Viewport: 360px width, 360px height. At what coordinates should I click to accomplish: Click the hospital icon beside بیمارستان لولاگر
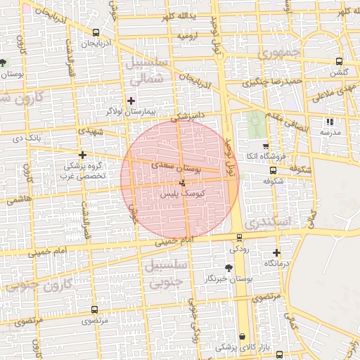tap(131, 101)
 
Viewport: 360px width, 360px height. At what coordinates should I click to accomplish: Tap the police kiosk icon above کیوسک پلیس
tap(183, 183)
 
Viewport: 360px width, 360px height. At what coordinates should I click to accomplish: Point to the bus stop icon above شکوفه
tap(273, 169)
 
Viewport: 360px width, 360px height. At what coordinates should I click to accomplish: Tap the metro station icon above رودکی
tap(240, 238)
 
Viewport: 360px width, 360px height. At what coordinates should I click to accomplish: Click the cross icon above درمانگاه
tap(276, 252)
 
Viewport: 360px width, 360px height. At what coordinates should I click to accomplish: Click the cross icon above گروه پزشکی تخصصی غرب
tap(83, 155)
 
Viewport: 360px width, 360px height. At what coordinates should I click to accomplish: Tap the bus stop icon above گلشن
tap(340, 61)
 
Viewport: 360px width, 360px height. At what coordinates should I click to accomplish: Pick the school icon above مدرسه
tap(330, 122)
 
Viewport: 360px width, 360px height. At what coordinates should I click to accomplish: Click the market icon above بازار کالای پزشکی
tap(243, 337)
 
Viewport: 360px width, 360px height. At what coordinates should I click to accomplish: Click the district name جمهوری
tap(278, 52)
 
